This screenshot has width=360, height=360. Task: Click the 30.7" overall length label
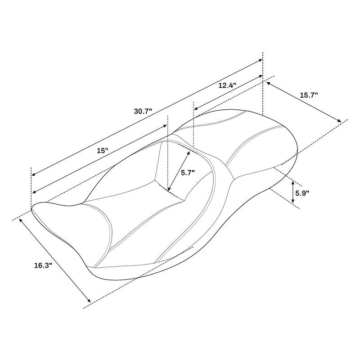click(x=143, y=111)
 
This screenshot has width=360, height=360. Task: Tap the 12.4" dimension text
click(x=228, y=85)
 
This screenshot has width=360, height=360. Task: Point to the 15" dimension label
click(x=103, y=151)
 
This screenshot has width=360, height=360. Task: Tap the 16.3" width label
click(x=43, y=265)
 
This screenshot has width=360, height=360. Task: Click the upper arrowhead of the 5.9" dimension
click(x=293, y=182)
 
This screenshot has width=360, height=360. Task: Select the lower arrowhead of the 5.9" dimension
click(x=293, y=202)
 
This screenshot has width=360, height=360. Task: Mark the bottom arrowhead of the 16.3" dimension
click(x=90, y=301)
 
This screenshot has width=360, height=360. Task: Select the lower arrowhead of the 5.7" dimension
click(x=169, y=190)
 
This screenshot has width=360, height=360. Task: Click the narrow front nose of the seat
click(x=54, y=211)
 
